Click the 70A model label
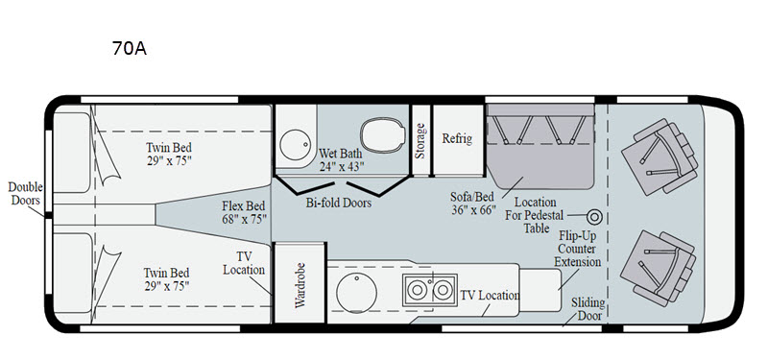click(130, 49)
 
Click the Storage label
click(420, 141)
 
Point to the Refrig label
click(457, 138)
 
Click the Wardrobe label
click(300, 285)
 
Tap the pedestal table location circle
click(594, 217)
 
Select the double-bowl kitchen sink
click(429, 290)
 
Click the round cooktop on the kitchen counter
click(356, 293)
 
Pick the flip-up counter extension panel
click(540, 290)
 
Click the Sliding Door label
click(588, 309)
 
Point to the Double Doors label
click(26, 194)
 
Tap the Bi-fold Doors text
click(339, 203)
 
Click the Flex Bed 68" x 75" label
click(244, 212)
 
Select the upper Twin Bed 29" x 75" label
click(169, 154)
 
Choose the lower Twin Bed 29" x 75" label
click(166, 279)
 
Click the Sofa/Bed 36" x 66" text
click(472, 204)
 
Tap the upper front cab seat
click(660, 156)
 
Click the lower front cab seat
click(658, 269)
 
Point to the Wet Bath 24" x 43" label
click(342, 159)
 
